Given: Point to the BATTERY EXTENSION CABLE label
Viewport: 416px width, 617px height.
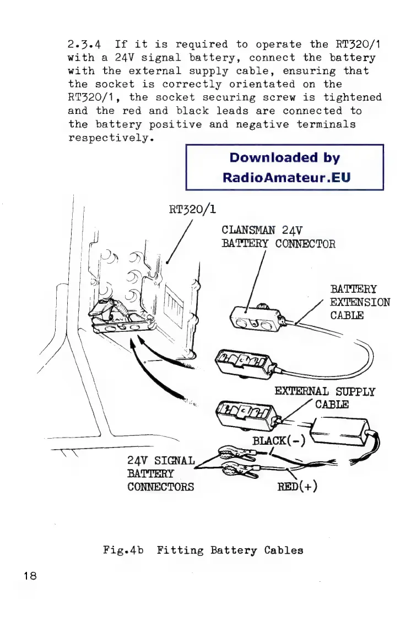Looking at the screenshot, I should [360, 303].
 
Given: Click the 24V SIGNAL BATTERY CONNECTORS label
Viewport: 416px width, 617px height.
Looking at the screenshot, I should [160, 472].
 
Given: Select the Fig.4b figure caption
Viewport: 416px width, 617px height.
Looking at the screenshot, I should [203, 550].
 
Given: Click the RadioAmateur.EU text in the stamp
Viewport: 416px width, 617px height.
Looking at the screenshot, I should [286, 178].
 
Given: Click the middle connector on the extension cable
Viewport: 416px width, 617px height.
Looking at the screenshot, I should [243, 362].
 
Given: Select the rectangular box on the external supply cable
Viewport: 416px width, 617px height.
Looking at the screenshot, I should [337, 430].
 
